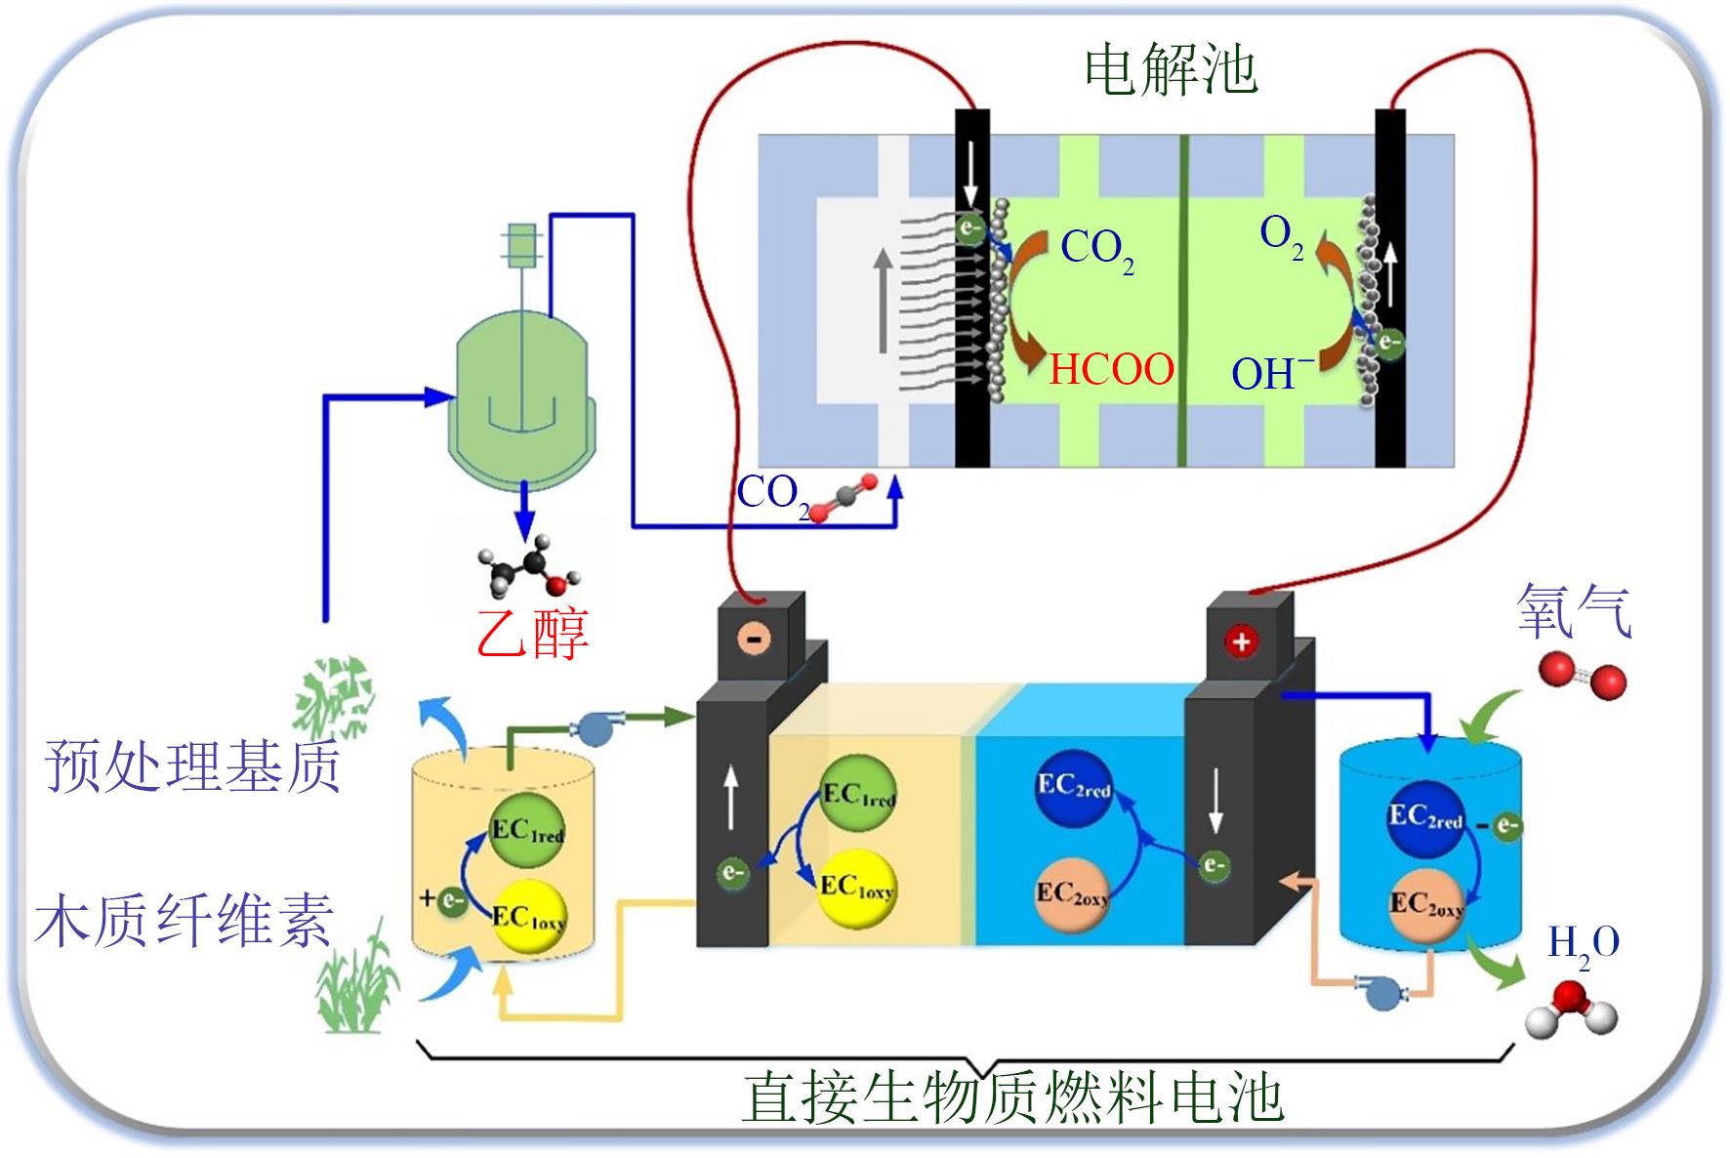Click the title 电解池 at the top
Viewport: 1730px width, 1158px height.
click(x=1171, y=70)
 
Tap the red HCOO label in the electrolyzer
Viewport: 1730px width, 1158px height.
click(x=1111, y=370)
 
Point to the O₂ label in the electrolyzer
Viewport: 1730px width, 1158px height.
click(x=1281, y=236)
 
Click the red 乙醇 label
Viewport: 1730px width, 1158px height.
click(x=533, y=632)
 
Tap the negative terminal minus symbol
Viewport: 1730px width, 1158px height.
click(x=755, y=640)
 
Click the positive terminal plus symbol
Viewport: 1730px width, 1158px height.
click(x=1241, y=641)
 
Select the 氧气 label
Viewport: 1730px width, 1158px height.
click(x=1574, y=611)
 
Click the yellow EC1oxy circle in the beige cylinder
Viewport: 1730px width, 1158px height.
click(x=528, y=916)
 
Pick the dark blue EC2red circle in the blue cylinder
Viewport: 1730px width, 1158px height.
click(x=1425, y=816)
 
